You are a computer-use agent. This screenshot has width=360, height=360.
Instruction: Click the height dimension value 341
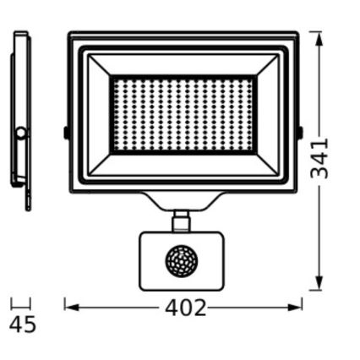point(319,159)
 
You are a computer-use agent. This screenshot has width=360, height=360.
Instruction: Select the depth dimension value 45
point(23,324)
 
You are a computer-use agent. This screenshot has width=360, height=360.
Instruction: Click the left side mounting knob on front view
point(66,133)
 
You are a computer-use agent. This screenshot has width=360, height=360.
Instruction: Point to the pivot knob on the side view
point(19,133)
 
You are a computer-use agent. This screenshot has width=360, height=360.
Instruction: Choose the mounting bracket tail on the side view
point(28,199)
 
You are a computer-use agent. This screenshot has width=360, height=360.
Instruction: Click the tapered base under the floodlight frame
point(181,201)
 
